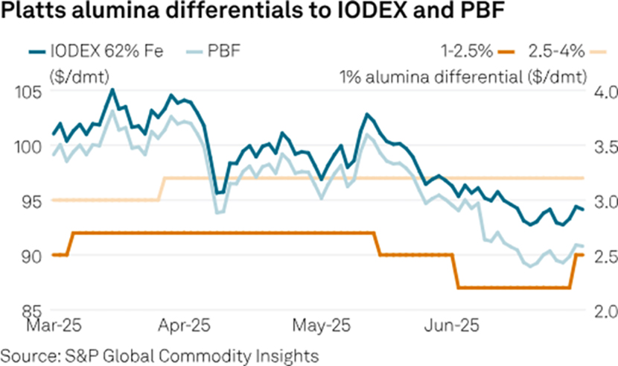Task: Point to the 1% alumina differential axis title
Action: [x=462, y=75]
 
